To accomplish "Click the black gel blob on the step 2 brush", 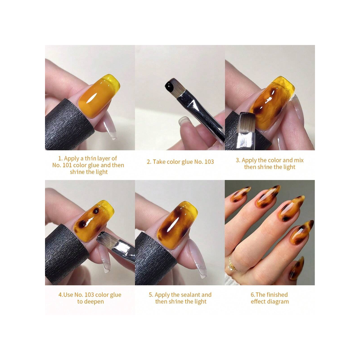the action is [171, 86].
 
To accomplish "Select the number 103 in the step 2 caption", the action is [209, 162].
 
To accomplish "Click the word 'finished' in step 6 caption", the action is [277, 295].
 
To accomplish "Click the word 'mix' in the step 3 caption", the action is [299, 160].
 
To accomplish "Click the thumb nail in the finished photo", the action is [297, 268].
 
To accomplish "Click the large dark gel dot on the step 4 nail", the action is [82, 224].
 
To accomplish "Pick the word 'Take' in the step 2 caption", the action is [158, 162].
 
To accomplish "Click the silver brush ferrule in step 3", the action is [246, 140].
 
